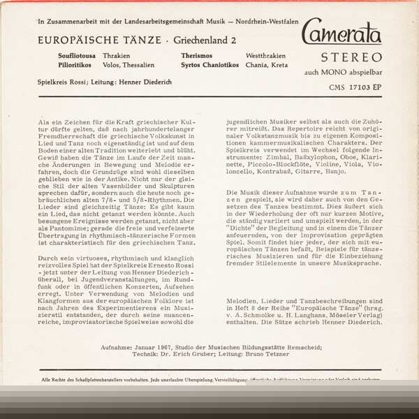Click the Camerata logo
[341, 34]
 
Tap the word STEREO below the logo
[351, 57]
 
